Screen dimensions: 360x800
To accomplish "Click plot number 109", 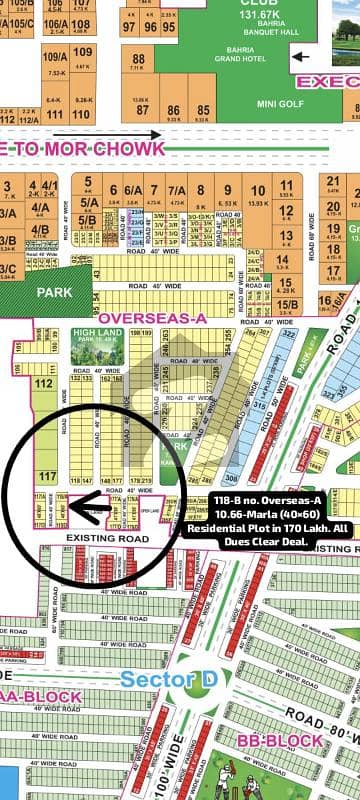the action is point(83,53).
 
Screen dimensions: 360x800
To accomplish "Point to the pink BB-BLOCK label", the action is point(272,741).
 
